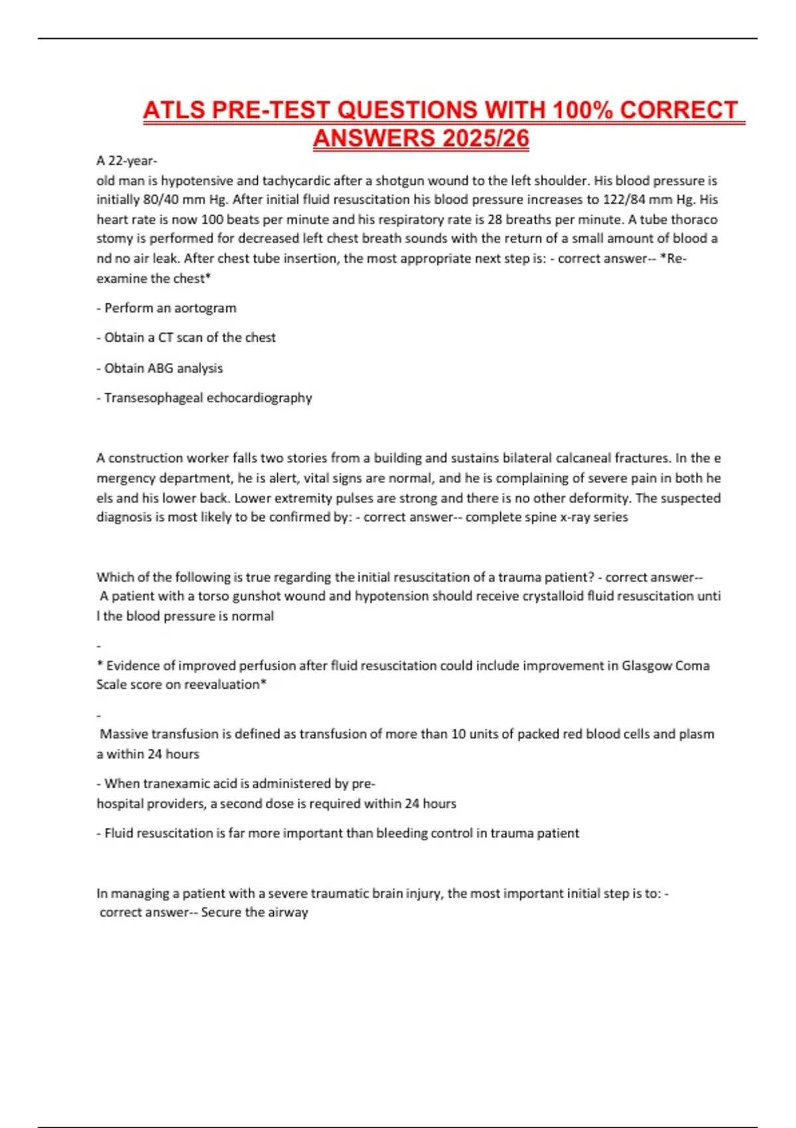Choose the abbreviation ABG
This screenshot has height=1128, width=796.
[159, 368]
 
